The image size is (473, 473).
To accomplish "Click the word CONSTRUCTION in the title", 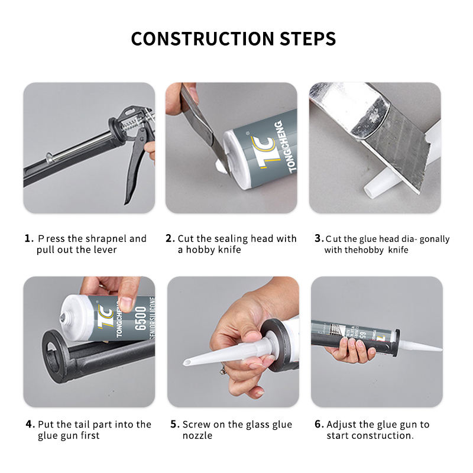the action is [203, 38].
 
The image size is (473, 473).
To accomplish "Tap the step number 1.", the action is [28, 238].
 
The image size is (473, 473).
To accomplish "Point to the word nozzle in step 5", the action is [197, 436].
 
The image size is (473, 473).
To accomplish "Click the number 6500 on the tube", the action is [141, 319].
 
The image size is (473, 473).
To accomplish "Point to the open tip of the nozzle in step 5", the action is [186, 362].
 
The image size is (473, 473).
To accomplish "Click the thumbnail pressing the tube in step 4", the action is [126, 302].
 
